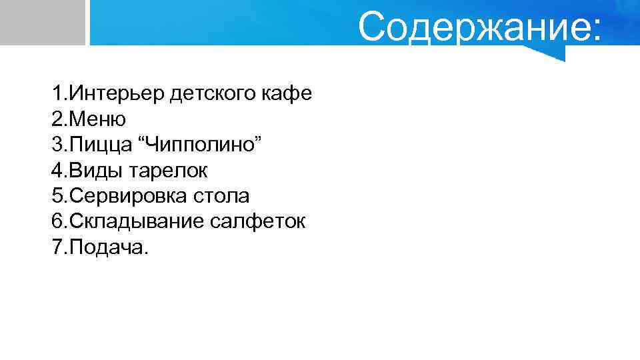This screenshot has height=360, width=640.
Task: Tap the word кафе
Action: [288, 93]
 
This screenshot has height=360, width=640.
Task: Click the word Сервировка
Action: [127, 196]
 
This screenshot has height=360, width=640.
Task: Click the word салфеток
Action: [258, 221]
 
